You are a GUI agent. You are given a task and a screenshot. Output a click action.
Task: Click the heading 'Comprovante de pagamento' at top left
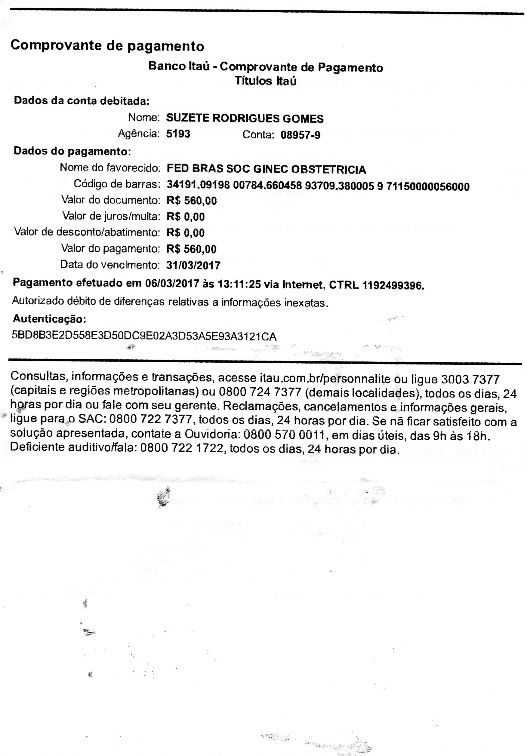pyautogui.click(x=107, y=46)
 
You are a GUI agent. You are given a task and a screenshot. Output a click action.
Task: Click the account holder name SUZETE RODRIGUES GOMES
pyautogui.click(x=245, y=118)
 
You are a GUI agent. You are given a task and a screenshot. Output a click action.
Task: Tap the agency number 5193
pyautogui.click(x=178, y=134)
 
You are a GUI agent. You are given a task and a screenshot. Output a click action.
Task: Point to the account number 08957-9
pyautogui.click(x=300, y=135)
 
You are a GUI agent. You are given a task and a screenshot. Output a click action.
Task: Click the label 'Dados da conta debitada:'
pyautogui.click(x=81, y=100)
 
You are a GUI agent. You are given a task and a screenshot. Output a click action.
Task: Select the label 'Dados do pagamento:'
pyautogui.click(x=72, y=151)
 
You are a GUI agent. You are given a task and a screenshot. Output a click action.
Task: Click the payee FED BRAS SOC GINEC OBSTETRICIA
pyautogui.click(x=266, y=169)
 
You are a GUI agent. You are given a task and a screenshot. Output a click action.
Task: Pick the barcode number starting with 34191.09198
pyautogui.click(x=318, y=186)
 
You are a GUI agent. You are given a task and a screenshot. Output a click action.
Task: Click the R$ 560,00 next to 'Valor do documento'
pyautogui.click(x=191, y=201)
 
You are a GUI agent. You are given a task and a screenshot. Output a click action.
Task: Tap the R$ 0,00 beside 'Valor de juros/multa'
pyautogui.click(x=185, y=217)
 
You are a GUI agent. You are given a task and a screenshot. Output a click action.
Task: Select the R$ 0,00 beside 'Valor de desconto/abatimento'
pyautogui.click(x=185, y=233)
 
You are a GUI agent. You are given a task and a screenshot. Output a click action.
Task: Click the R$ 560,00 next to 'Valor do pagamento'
pyautogui.click(x=191, y=249)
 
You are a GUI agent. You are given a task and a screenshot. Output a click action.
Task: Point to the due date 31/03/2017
pyautogui.click(x=193, y=265)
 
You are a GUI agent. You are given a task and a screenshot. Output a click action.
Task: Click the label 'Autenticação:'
pyautogui.click(x=49, y=319)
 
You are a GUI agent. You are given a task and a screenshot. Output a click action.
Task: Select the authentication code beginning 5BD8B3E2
pyautogui.click(x=144, y=336)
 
